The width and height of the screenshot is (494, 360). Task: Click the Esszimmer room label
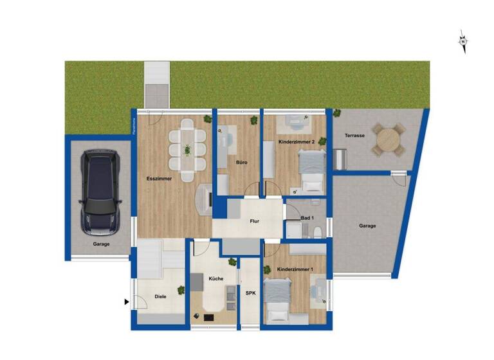tap(159, 178)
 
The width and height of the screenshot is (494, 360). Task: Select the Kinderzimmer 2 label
tap(297, 141)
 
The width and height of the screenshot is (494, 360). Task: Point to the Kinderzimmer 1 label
tap(295, 269)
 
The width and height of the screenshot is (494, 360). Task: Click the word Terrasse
tap(355, 136)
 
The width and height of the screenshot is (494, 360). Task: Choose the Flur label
tap(255, 222)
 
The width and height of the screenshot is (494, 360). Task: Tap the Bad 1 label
tap(308, 218)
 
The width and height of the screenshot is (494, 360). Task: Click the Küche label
tap(216, 279)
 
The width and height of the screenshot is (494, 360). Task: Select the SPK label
tap(251, 292)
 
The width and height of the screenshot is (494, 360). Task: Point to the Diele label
tap(161, 296)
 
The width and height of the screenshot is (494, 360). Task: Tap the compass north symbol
tap(462, 42)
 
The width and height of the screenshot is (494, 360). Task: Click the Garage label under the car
tap(101, 244)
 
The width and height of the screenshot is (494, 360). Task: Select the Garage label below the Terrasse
tap(367, 226)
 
